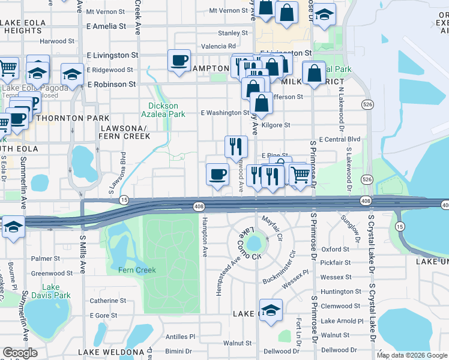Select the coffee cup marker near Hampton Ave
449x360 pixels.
[217, 175]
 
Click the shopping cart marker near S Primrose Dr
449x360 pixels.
[300, 175]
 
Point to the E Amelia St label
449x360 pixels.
[106, 26]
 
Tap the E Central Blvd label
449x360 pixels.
[339, 139]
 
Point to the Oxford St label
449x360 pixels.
[335, 249]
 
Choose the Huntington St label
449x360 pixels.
[341, 292]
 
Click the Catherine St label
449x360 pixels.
[107, 301]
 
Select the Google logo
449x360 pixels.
[20, 353]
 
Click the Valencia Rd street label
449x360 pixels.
[218, 46]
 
